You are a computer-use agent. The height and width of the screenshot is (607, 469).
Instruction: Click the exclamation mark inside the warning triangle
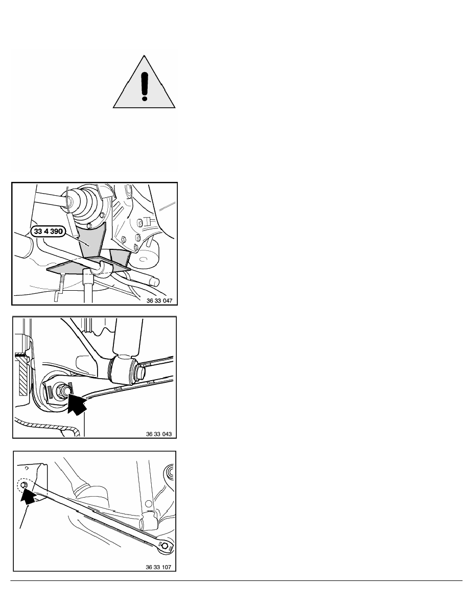tap(145, 84)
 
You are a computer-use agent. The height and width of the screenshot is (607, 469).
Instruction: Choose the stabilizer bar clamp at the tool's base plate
tap(105, 267)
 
